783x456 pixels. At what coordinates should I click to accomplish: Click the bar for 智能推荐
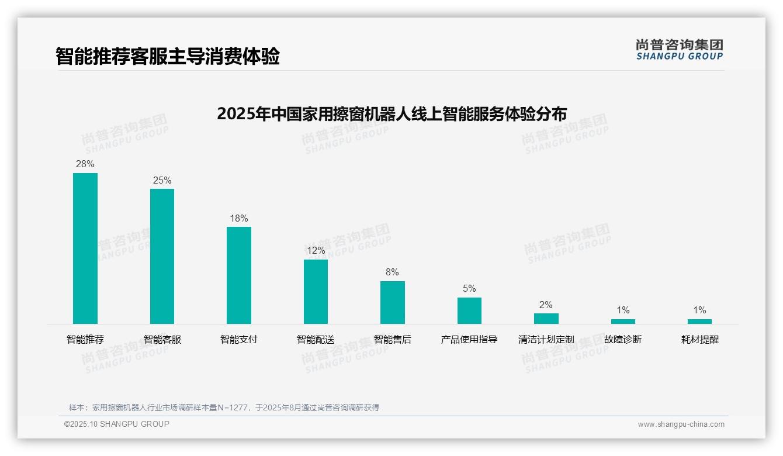pyautogui.click(x=85, y=248)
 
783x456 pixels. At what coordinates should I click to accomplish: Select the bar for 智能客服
pyautogui.click(x=162, y=256)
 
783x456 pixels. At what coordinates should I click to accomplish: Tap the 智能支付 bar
pyautogui.click(x=239, y=275)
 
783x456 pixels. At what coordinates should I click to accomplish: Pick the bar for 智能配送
pyautogui.click(x=316, y=292)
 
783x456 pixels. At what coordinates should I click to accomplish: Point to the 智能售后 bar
pyautogui.click(x=392, y=302)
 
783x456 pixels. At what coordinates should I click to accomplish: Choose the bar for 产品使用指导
pyautogui.click(x=469, y=310)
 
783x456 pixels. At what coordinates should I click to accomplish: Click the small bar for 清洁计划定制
pyautogui.click(x=546, y=319)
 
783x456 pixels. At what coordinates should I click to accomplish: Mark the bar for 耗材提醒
pyautogui.click(x=699, y=321)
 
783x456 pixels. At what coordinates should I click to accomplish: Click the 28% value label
pyautogui.click(x=85, y=164)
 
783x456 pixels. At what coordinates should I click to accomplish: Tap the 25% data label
pyautogui.click(x=162, y=181)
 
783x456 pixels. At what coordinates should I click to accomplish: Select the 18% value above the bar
pyautogui.click(x=239, y=219)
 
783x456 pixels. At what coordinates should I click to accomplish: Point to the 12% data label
pyautogui.click(x=316, y=251)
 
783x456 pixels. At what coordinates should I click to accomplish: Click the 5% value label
pyautogui.click(x=469, y=289)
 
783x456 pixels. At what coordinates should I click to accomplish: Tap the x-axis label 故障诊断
pyautogui.click(x=623, y=340)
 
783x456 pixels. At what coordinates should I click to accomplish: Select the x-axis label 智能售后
pyautogui.click(x=392, y=340)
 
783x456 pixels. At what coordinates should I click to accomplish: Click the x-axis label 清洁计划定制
pyautogui.click(x=546, y=340)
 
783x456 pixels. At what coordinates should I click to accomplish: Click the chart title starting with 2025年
pyautogui.click(x=391, y=113)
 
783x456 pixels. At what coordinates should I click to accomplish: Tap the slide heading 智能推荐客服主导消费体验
pyautogui.click(x=168, y=56)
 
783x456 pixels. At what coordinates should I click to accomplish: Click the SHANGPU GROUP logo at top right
pyautogui.click(x=680, y=50)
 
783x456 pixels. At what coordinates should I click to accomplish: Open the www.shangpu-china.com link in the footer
pyautogui.click(x=681, y=424)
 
